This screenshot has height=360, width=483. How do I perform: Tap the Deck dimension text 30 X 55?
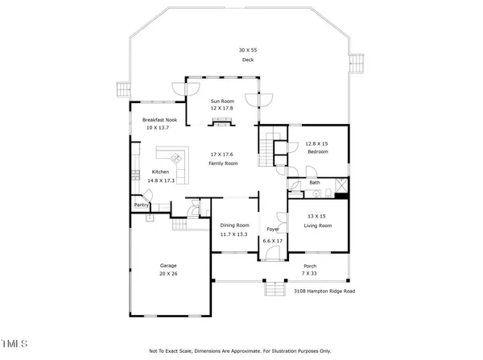[x=248, y=51]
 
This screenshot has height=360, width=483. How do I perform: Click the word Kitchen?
[x=161, y=173]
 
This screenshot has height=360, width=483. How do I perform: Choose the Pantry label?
[x=142, y=205]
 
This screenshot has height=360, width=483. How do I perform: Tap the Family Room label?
[x=225, y=163]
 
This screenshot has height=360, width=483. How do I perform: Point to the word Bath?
[x=315, y=183]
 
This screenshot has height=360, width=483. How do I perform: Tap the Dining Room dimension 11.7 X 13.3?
[x=235, y=234]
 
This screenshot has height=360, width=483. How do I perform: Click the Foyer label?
[x=272, y=230]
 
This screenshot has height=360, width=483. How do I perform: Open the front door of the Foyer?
[x=271, y=254]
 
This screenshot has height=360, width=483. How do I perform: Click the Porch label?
[x=309, y=266]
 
